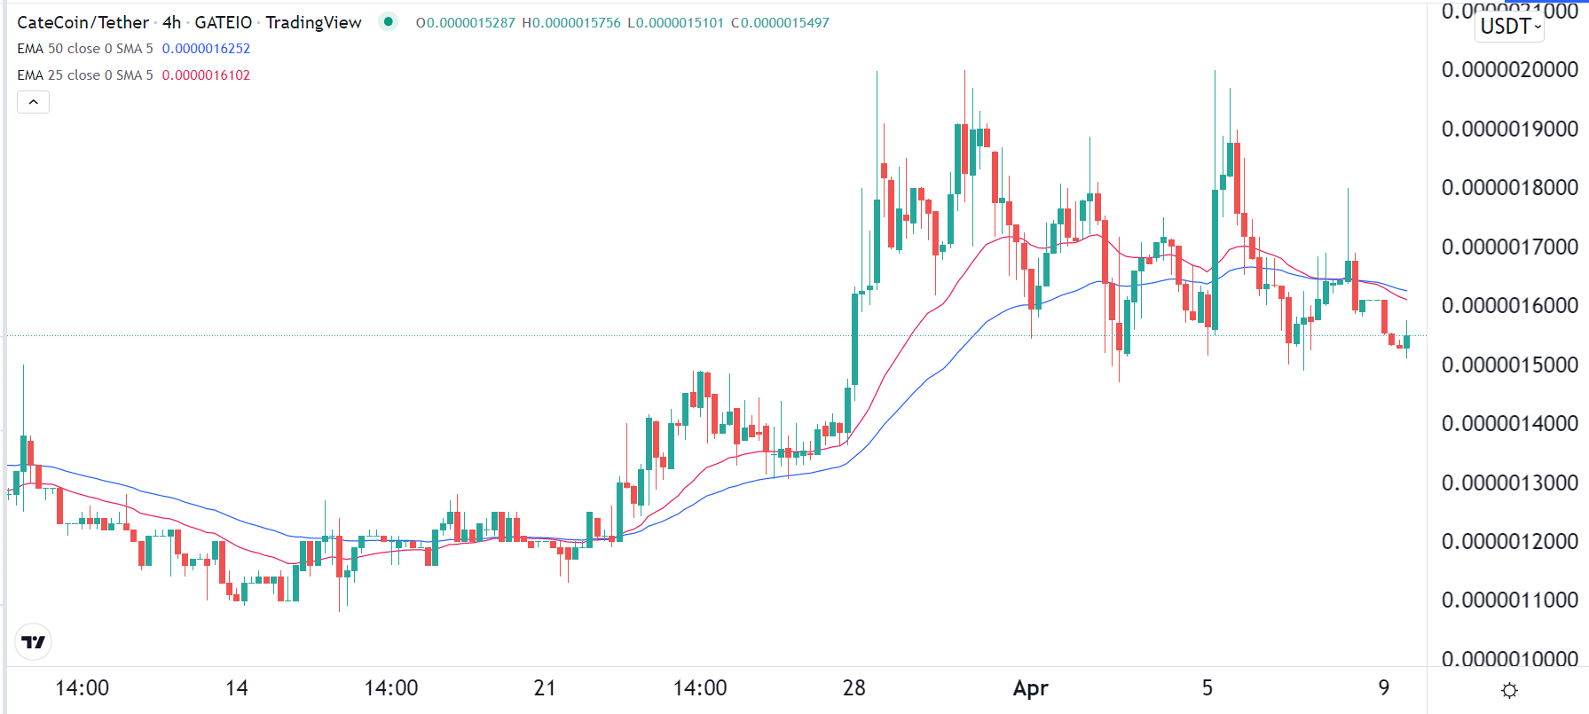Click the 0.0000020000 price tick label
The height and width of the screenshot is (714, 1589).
pos(1509,70)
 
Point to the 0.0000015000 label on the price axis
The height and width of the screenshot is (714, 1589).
pos(1509,365)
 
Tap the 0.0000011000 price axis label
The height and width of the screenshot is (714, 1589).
pos(1509,600)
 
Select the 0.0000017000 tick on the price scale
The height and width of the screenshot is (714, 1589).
pos(1509,247)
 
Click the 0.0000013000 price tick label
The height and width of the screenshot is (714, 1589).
pos(1509,483)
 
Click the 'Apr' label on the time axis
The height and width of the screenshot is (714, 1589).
pos(1030,688)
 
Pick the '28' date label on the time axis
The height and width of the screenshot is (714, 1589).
pos(853,688)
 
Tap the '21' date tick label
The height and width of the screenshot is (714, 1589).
pos(545,688)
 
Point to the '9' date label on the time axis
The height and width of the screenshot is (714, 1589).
pos(1383,688)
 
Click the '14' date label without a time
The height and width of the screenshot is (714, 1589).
pos(237,688)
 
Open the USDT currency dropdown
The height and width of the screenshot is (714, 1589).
pos(1510,27)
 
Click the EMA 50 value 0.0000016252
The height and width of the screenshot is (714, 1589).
pos(206,49)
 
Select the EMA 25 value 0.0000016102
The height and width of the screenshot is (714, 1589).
pos(206,75)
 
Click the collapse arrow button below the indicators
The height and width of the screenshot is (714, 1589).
pos(34,102)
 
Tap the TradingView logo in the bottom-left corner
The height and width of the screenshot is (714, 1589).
pos(34,642)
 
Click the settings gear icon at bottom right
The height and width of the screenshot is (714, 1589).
pos(1509,690)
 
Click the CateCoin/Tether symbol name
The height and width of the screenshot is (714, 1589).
pos(83,23)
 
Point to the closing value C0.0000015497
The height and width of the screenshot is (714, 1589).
pos(780,23)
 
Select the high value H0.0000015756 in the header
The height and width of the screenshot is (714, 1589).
pos(571,23)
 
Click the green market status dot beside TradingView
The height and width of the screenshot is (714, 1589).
pos(389,21)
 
